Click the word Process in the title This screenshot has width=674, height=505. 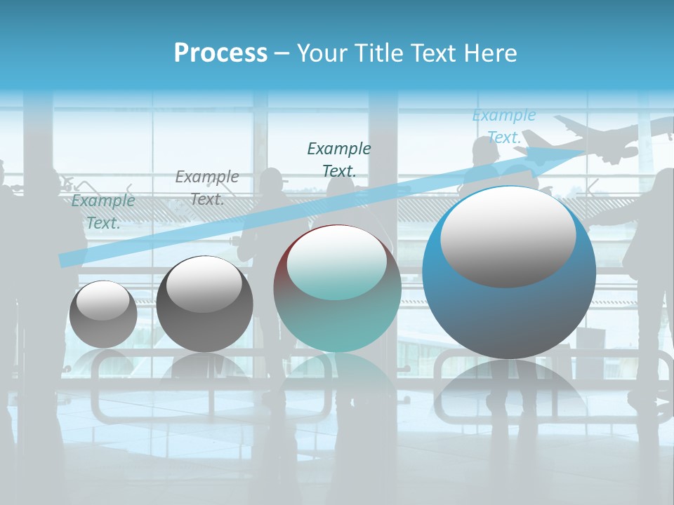(x=220, y=53)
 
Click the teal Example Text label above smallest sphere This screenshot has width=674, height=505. (x=103, y=211)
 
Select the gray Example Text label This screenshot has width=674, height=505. (x=207, y=187)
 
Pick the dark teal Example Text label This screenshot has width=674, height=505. (x=339, y=159)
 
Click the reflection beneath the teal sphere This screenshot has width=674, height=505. (x=337, y=382)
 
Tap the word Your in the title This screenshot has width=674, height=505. (x=322, y=53)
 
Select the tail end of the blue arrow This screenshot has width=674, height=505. (x=65, y=260)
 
